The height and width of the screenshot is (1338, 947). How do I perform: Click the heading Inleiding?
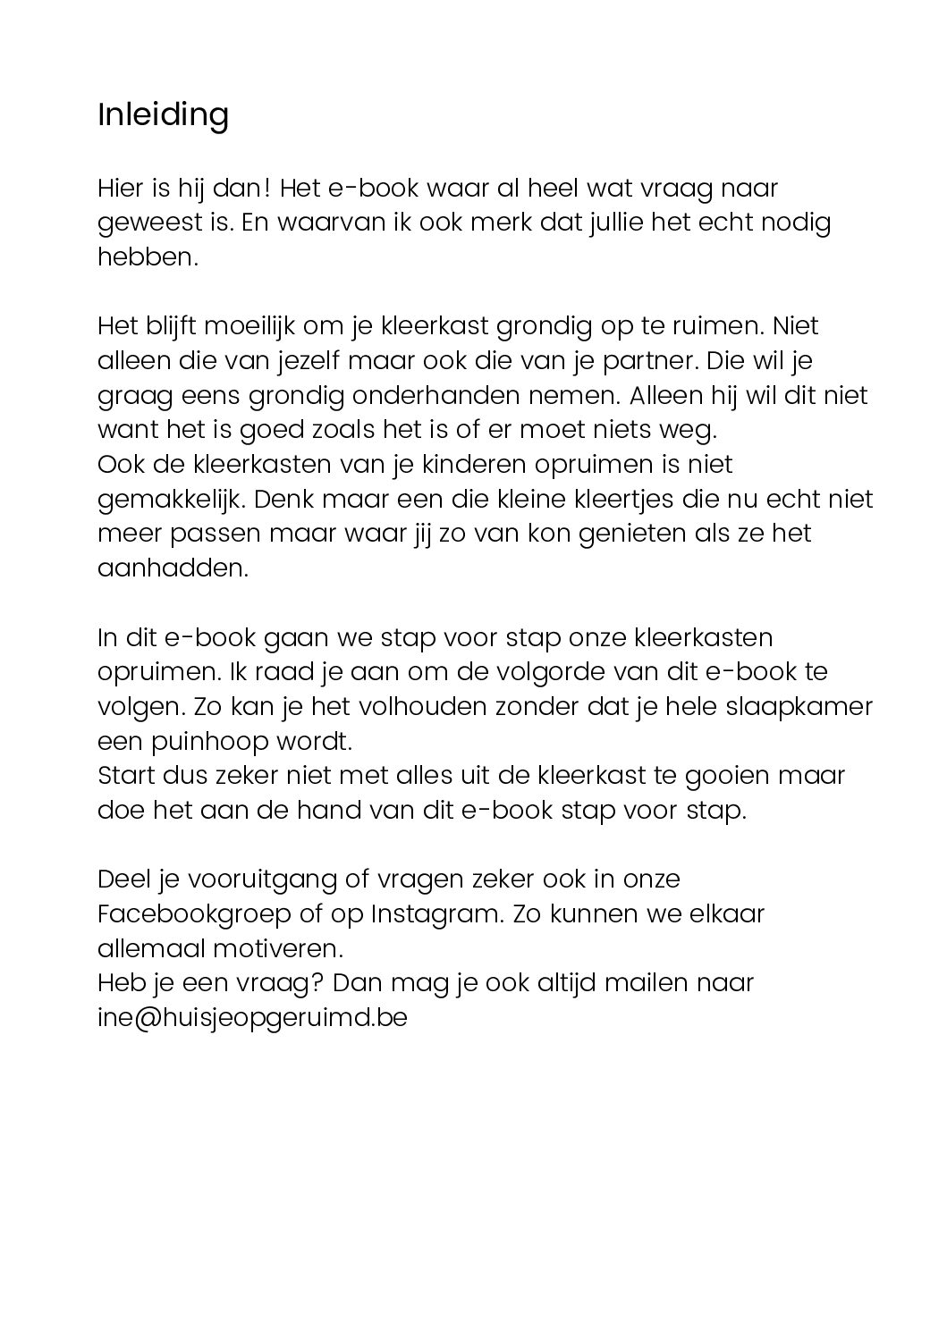(163, 115)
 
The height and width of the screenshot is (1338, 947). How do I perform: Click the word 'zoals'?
(339, 430)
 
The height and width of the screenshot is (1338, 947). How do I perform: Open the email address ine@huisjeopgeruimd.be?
(252, 1018)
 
